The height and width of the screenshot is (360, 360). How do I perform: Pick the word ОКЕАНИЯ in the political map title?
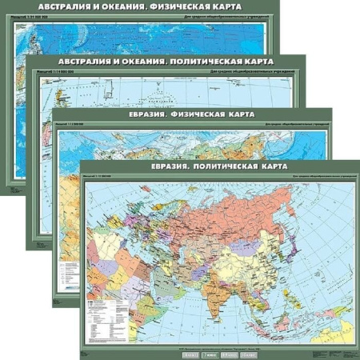pos(136,61)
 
